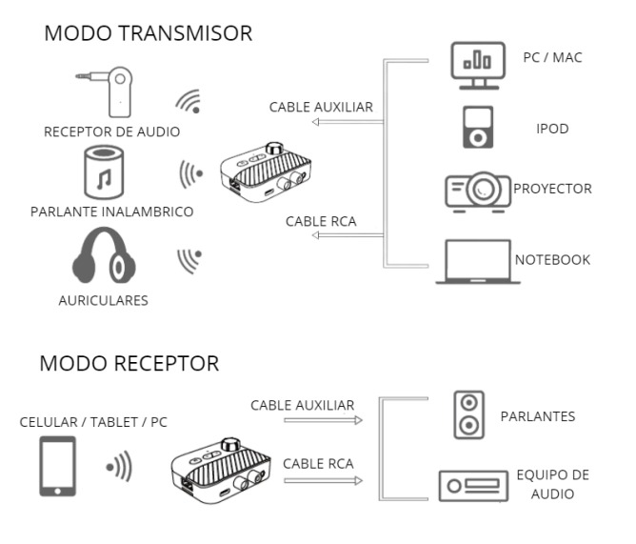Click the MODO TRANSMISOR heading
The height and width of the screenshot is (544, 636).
(x=148, y=34)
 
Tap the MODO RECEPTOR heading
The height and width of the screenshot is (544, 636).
(x=129, y=363)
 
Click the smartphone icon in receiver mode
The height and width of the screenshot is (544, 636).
(x=58, y=467)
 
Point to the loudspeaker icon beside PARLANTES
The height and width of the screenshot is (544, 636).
(x=468, y=416)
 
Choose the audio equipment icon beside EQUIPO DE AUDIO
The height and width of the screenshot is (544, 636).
(x=469, y=486)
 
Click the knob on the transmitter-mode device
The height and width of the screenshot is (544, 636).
(x=276, y=149)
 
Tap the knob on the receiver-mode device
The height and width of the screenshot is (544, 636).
(x=230, y=444)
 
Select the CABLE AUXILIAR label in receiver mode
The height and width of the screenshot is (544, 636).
(x=302, y=405)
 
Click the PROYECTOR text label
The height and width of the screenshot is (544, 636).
(x=552, y=189)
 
